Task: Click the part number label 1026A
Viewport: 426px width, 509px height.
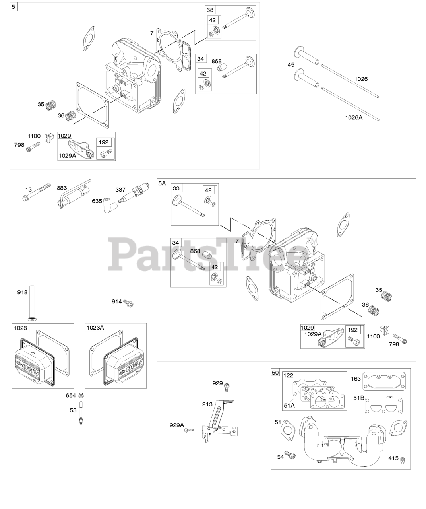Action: point(353,117)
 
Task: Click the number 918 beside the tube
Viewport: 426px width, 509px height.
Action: point(22,292)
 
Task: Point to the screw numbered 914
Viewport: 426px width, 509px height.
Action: point(128,303)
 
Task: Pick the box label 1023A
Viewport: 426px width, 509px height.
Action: point(95,328)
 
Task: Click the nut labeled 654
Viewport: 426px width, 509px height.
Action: point(81,395)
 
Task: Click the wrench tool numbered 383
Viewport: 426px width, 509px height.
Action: point(76,195)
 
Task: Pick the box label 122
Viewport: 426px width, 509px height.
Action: point(289,375)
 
